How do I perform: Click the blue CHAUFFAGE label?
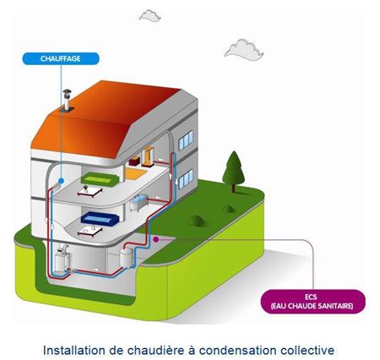[x=61, y=58]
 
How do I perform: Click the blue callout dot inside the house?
[x=61, y=181]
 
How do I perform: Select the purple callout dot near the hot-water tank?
[x=155, y=239]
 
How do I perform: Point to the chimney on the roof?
[x=67, y=101]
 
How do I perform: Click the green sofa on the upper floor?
[x=100, y=179]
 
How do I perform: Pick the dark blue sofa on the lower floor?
[x=100, y=218]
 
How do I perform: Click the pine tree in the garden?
[x=233, y=172]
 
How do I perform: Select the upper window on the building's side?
[x=186, y=140]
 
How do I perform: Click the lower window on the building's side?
[x=186, y=179]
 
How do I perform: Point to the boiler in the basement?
[x=62, y=260]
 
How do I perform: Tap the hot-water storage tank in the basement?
[x=126, y=257]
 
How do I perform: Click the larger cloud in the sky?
[x=244, y=50]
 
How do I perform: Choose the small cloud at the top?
[x=150, y=15]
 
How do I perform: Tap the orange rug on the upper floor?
[x=136, y=173]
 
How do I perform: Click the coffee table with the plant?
[x=90, y=191]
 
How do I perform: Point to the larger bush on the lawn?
[x=196, y=221]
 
